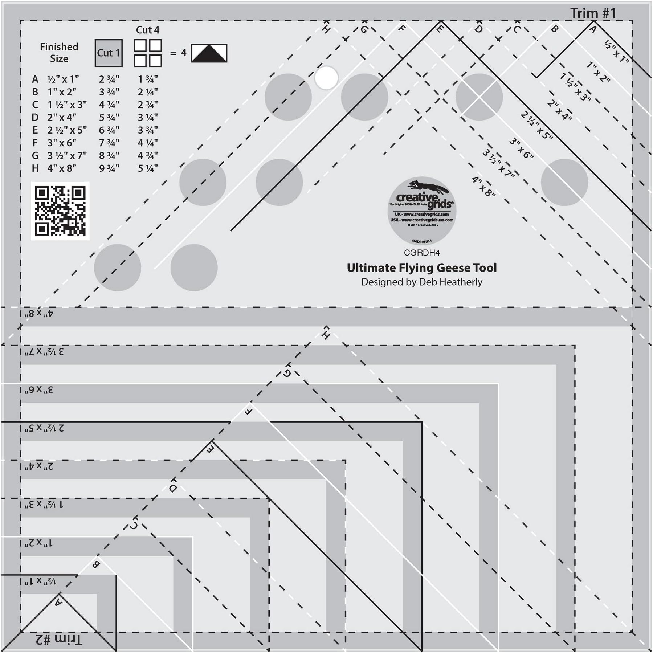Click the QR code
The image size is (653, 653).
pos(60,211)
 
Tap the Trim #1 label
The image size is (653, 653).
pos(593,13)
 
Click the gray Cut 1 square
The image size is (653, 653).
pos(109,53)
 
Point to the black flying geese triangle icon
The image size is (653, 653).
pos(209,53)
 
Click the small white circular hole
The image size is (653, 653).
pos(326,78)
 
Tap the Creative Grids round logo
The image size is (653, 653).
pos(422,211)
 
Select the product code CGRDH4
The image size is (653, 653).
pos(422,253)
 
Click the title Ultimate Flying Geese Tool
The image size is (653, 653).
pos(422,268)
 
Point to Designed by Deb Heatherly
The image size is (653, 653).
pos(422,282)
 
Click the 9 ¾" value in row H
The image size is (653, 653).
pos(109,168)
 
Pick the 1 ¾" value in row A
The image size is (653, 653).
pos(147,79)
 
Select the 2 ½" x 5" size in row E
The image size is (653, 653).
pos(67,130)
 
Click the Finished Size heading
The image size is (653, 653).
pos(59,53)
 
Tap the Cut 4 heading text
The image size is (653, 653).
pos(147,30)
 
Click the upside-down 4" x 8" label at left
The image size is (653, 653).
pos(39,314)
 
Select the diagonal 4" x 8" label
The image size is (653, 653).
pos(483,187)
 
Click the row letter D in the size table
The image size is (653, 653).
pos(35,117)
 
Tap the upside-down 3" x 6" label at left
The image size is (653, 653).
pos(39,390)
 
